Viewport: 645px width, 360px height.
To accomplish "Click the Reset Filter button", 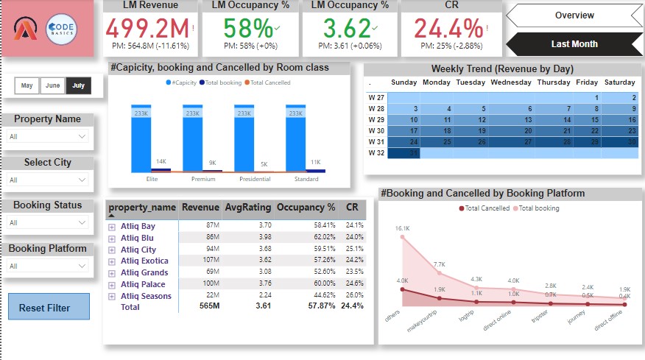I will click(x=49, y=308).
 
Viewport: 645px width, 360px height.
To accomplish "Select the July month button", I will click(x=78, y=85).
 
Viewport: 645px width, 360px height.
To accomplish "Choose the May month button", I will click(x=27, y=85).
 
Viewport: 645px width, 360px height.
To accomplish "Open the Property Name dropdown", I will click(x=49, y=136).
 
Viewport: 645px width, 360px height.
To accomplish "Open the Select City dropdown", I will click(x=49, y=180).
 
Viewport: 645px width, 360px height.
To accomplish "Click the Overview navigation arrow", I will click(x=574, y=15).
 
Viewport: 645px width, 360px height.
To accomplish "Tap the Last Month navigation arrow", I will click(x=574, y=43).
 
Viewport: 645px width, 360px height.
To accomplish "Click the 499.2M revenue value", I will click(x=146, y=29).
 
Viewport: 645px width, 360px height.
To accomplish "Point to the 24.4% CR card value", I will click(x=447, y=29).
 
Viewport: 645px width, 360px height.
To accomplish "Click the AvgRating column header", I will click(x=247, y=208).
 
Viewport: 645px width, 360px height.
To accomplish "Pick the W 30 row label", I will click(x=376, y=130).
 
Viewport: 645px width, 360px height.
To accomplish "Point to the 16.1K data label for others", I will click(x=401, y=229).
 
